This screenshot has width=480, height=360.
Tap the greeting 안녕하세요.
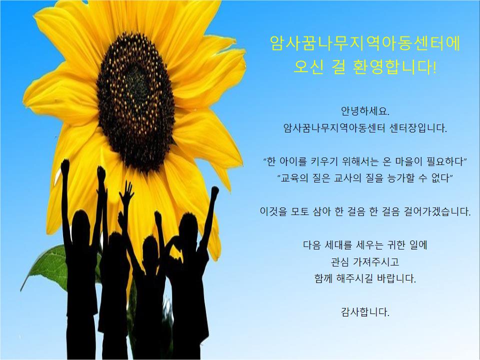click(x=365, y=111)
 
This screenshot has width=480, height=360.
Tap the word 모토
click(x=300, y=211)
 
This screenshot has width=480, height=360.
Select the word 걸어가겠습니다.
click(x=437, y=211)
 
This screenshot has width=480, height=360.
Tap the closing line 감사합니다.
click(x=365, y=312)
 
